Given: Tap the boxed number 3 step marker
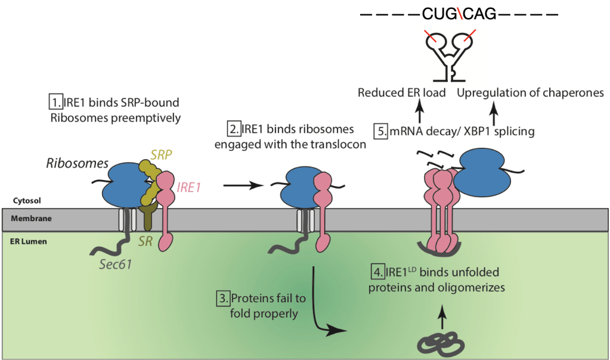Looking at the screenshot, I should click(x=223, y=298).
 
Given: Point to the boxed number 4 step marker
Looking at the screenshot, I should click(x=377, y=273).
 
